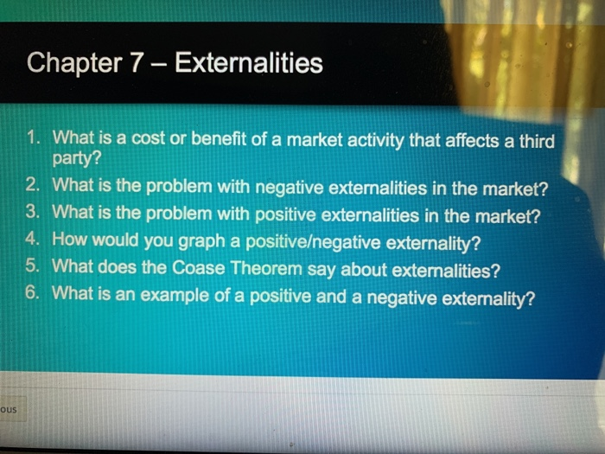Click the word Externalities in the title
pyautogui.click(x=249, y=63)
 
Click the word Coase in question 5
pyautogui.click(x=204, y=268)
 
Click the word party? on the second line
pyautogui.click(x=77, y=160)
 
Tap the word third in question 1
pyautogui.click(x=534, y=139)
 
